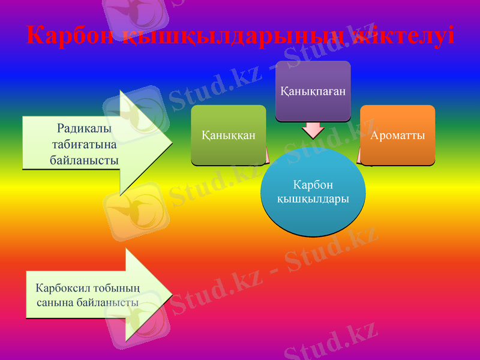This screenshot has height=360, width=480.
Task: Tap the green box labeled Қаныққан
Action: coord(229,135)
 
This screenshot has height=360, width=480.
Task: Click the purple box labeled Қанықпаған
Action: coord(313,91)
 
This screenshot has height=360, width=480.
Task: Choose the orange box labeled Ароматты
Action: coord(398,135)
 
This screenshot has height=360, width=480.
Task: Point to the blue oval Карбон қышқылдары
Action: coord(313,191)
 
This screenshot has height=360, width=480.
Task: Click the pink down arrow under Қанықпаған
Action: coord(313,130)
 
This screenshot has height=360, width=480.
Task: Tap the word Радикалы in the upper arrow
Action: coord(84,128)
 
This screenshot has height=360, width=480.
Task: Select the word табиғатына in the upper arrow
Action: coord(84,144)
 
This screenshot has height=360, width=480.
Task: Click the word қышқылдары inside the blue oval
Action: coord(313,198)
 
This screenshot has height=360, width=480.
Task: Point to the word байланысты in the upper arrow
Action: coord(84,160)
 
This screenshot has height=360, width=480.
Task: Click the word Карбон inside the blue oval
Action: coord(313,184)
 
